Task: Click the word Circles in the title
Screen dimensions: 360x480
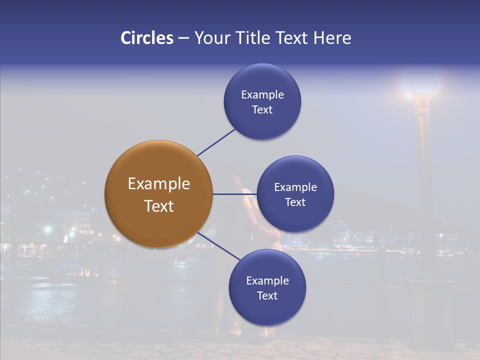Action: tap(146, 38)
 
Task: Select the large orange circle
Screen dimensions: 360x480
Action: tap(158, 170)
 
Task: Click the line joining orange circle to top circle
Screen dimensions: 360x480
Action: tap(216, 142)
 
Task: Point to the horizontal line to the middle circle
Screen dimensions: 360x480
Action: tap(234, 194)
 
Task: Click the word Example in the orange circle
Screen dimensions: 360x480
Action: tap(158, 184)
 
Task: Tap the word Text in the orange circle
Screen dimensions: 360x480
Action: tap(158, 206)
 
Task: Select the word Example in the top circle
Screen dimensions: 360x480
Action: tap(262, 94)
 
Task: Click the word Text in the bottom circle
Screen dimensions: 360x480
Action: tap(267, 295)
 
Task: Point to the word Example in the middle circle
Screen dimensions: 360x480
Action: tap(295, 187)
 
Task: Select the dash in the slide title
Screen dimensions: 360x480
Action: tap(183, 38)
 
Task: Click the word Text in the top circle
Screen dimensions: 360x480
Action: tap(262, 109)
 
